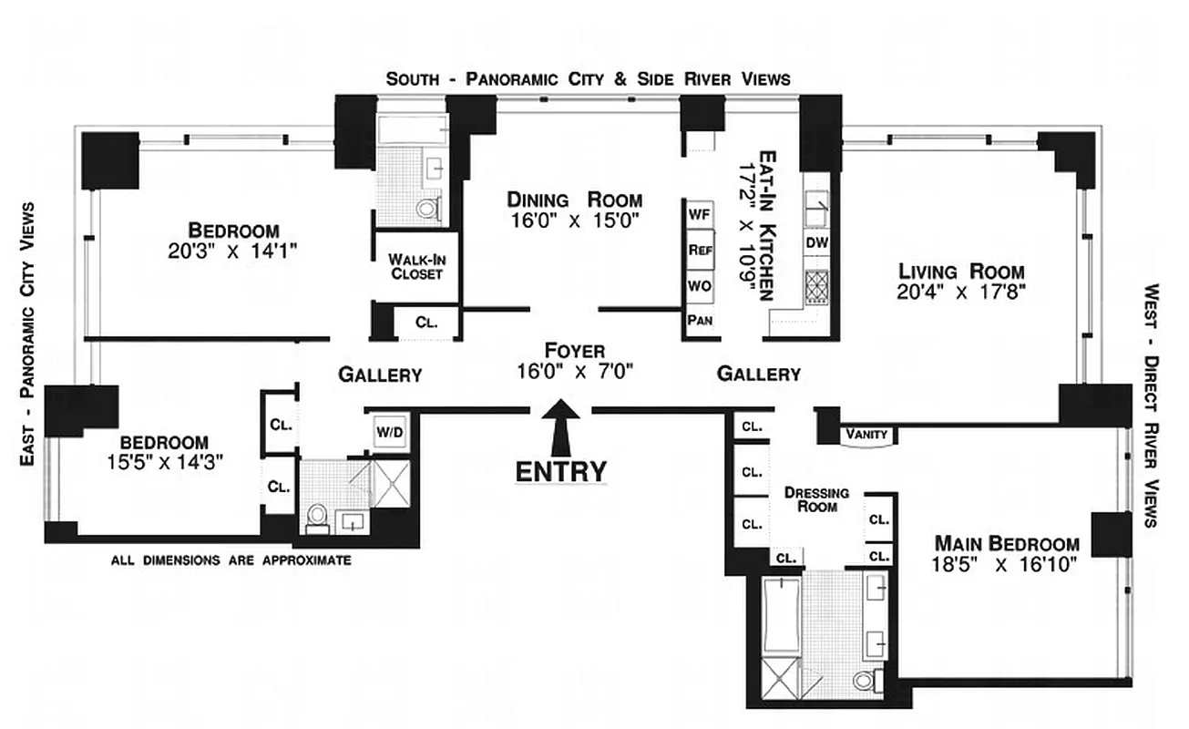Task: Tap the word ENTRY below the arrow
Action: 560,471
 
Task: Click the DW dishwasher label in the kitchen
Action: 815,243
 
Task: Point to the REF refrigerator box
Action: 700,250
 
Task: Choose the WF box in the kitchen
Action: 699,214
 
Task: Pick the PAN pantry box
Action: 699,320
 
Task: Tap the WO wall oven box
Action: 699,285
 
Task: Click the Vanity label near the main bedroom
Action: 866,435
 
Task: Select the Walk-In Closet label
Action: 416,265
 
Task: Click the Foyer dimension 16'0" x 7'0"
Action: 574,371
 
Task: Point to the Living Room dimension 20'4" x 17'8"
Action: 961,293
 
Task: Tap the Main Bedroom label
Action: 1007,543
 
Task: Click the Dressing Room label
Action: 817,498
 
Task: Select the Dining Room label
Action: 574,200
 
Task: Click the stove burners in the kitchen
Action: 815,286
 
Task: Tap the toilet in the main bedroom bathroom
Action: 865,678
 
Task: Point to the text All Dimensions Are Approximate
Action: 231,560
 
